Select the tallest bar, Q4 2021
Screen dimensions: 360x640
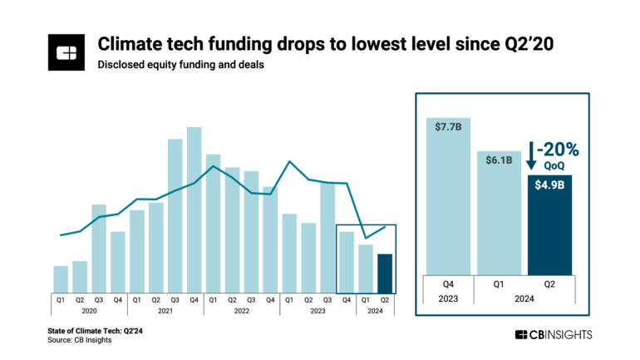click(x=194, y=208)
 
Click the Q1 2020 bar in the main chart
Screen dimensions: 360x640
click(x=61, y=279)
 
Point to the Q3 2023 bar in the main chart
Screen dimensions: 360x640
click(x=327, y=237)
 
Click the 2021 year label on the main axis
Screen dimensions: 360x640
click(x=165, y=311)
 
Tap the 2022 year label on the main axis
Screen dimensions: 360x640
click(x=241, y=311)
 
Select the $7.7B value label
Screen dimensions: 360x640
click(x=448, y=126)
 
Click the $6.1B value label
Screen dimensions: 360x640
click(x=499, y=159)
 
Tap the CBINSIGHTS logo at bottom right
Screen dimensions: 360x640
click(x=557, y=334)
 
